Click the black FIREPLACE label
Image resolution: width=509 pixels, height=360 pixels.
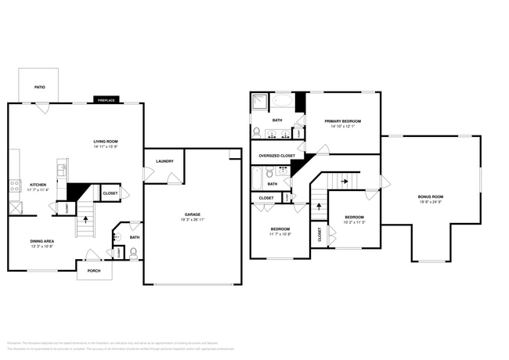105,100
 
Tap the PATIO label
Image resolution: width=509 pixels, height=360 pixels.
39,87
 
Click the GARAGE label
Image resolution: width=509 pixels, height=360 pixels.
193,214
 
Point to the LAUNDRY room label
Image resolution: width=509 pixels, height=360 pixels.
164,161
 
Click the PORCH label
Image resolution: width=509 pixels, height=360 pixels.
94,272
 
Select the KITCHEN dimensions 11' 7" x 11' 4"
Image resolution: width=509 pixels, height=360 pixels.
38,189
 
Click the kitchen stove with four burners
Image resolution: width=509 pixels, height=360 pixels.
14,185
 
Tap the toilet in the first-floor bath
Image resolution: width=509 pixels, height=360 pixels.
133,252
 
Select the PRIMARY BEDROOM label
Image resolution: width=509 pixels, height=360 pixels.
343,121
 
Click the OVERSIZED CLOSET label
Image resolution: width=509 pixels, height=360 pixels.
276,156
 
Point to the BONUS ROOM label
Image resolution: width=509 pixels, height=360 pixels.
431,196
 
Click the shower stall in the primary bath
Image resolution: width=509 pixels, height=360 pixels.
260,102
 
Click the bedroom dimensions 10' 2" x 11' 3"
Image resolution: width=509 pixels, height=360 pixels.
355,221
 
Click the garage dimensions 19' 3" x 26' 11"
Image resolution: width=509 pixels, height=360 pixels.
193,219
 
